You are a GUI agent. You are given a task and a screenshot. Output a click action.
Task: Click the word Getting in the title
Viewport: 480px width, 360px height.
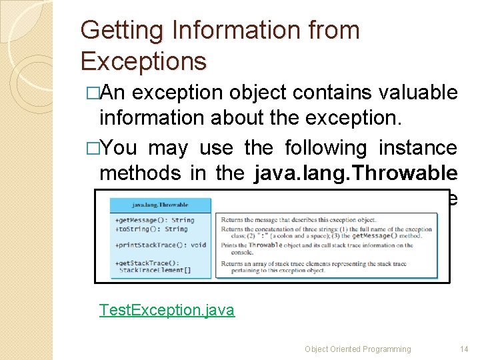click(x=112, y=31)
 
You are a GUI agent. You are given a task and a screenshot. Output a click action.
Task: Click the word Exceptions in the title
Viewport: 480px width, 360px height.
click(x=143, y=61)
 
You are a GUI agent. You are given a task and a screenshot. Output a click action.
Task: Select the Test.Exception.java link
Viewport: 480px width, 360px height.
click(x=167, y=310)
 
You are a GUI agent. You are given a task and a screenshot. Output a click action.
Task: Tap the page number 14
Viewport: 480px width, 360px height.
click(x=464, y=349)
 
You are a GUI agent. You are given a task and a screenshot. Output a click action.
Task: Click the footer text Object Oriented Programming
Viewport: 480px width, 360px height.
click(x=357, y=349)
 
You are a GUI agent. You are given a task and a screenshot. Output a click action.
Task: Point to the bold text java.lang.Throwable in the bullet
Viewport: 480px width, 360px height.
click(x=355, y=173)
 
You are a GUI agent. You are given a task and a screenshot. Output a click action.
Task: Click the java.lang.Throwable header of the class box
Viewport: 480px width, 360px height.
click(x=160, y=205)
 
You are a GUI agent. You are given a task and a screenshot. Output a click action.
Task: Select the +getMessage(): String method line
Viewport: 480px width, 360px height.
click(x=154, y=219)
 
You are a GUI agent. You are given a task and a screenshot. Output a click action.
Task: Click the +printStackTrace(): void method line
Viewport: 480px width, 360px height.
click(x=160, y=245)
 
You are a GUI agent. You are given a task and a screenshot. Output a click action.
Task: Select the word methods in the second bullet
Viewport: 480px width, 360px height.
click(x=139, y=173)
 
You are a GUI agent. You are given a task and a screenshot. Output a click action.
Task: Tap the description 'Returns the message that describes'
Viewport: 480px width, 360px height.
click(x=299, y=219)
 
